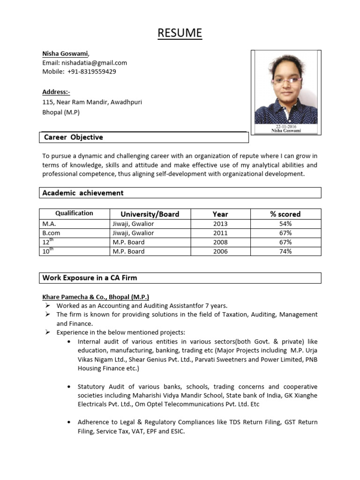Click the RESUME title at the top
click(x=180, y=33)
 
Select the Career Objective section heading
click(x=74, y=137)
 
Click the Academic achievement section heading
click(x=83, y=193)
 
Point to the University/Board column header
click(x=150, y=214)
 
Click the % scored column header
click(x=285, y=214)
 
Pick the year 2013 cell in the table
click(x=220, y=224)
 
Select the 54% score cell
click(x=285, y=224)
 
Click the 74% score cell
click(x=285, y=251)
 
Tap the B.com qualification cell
click(x=52, y=233)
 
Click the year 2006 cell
click(x=220, y=251)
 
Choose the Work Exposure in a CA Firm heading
click(x=90, y=277)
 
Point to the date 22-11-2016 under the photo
click(x=286, y=127)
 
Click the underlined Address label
click(x=56, y=92)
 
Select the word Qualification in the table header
click(x=74, y=213)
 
